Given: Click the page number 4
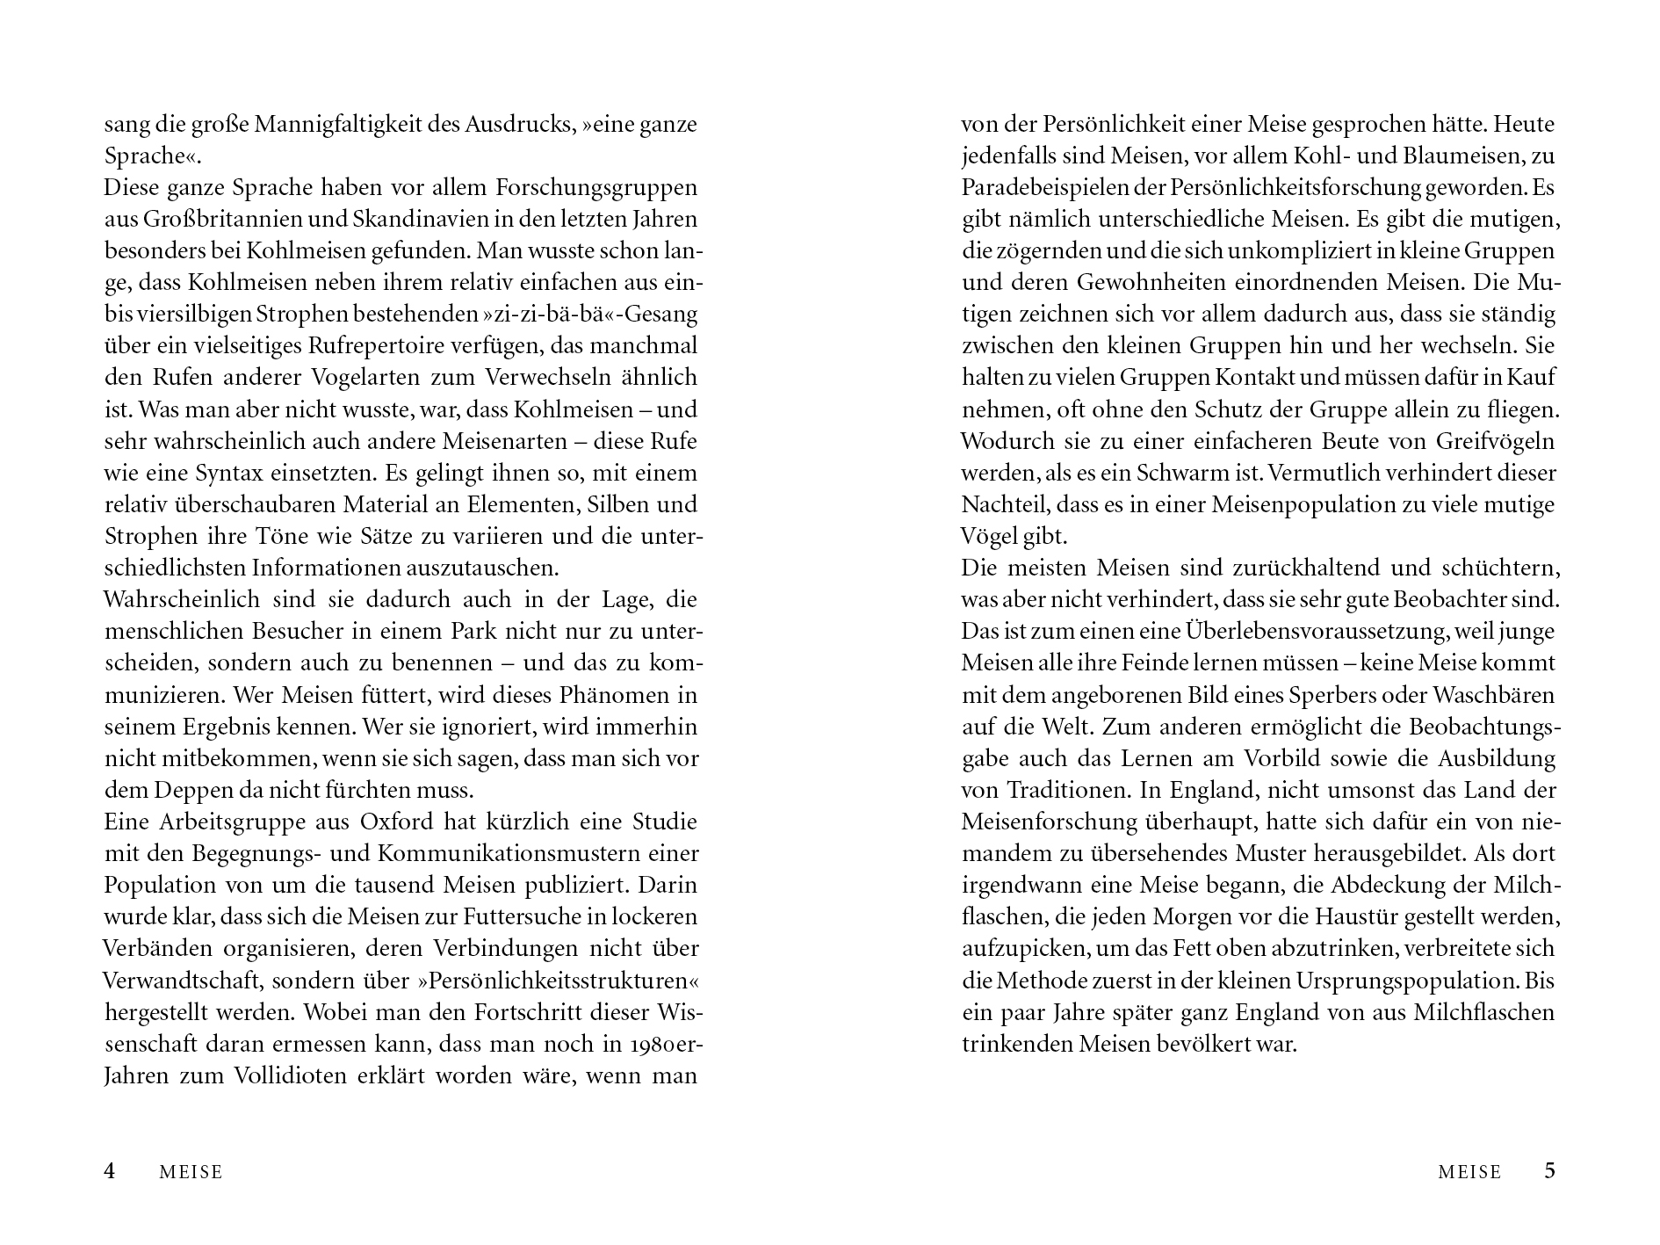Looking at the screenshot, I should (x=110, y=1171).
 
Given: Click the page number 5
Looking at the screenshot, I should (x=1549, y=1171).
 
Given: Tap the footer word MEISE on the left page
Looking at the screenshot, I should (x=191, y=1172).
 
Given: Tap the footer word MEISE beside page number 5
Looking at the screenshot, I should (x=1469, y=1172).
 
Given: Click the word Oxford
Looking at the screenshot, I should (x=397, y=822).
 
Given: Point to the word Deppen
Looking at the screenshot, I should (x=187, y=790).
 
